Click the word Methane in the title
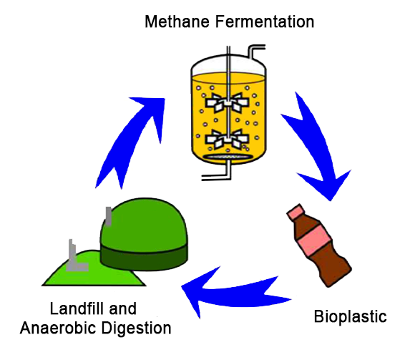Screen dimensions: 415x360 coord(177,21)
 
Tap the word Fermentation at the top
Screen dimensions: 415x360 coord(265,21)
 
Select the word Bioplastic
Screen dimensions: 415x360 coord(350,317)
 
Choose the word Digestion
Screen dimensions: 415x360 coord(136,329)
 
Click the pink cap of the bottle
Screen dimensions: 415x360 coord(296,212)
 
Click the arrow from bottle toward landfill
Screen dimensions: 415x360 coord(238,294)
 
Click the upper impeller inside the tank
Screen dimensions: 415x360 coord(228,103)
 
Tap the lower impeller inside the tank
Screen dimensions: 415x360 coord(228,139)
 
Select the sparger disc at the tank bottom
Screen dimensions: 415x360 coord(227,157)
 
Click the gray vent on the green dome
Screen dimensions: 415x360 coord(109,216)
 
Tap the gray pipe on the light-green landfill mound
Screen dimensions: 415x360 coord(74,258)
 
